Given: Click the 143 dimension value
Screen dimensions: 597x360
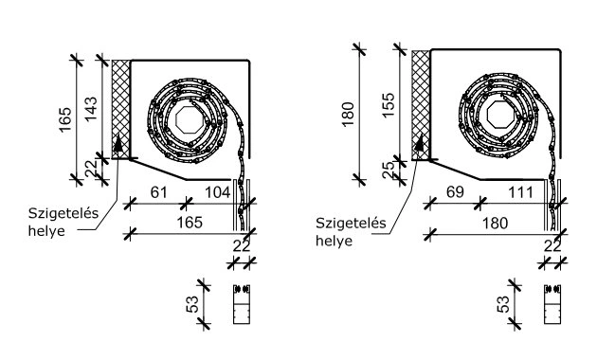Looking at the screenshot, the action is (x=91, y=109).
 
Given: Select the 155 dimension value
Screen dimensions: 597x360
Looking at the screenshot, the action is (x=389, y=105).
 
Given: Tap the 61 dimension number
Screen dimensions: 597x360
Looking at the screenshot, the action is (x=159, y=192).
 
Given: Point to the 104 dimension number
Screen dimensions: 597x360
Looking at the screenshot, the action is (x=218, y=192).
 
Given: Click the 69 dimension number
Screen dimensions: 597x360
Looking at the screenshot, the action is (x=455, y=192).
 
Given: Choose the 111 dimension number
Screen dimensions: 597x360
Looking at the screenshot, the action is (x=520, y=192).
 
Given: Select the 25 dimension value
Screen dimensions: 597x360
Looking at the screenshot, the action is (x=388, y=170).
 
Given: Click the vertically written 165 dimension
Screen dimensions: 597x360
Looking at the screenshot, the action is (x=65, y=119).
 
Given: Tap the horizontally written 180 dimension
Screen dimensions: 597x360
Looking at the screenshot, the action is (x=495, y=223).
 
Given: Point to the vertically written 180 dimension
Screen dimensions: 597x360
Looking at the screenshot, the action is (x=349, y=115).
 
